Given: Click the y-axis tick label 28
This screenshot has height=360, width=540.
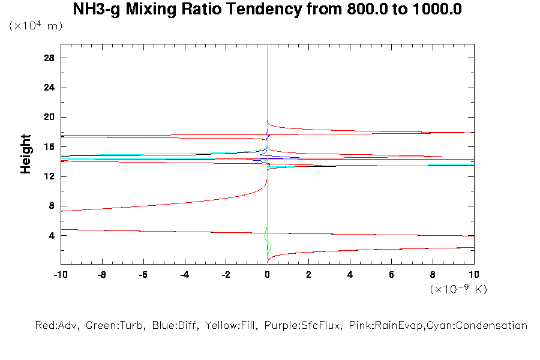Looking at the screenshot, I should click(50, 58).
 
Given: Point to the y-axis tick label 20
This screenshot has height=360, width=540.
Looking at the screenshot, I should click(50, 117).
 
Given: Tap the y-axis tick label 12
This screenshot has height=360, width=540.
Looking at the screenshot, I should click(50, 176).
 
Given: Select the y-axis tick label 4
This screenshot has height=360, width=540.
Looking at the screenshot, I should click(52, 235).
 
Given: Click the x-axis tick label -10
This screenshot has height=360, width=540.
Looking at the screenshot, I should click(60, 274).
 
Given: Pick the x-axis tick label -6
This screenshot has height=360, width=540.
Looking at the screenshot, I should click(143, 274).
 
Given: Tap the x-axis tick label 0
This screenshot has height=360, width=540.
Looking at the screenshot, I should click(268, 274).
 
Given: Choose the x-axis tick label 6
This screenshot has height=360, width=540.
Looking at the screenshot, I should click(391, 274).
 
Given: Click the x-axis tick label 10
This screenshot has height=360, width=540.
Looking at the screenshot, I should click(474, 274).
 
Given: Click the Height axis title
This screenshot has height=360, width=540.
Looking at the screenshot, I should click(26, 154).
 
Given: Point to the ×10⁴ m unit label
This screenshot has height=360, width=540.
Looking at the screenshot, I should click(36, 26).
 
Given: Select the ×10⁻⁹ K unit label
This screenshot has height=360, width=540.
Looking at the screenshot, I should click(458, 289).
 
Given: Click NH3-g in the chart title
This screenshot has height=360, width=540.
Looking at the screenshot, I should click(96, 10).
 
